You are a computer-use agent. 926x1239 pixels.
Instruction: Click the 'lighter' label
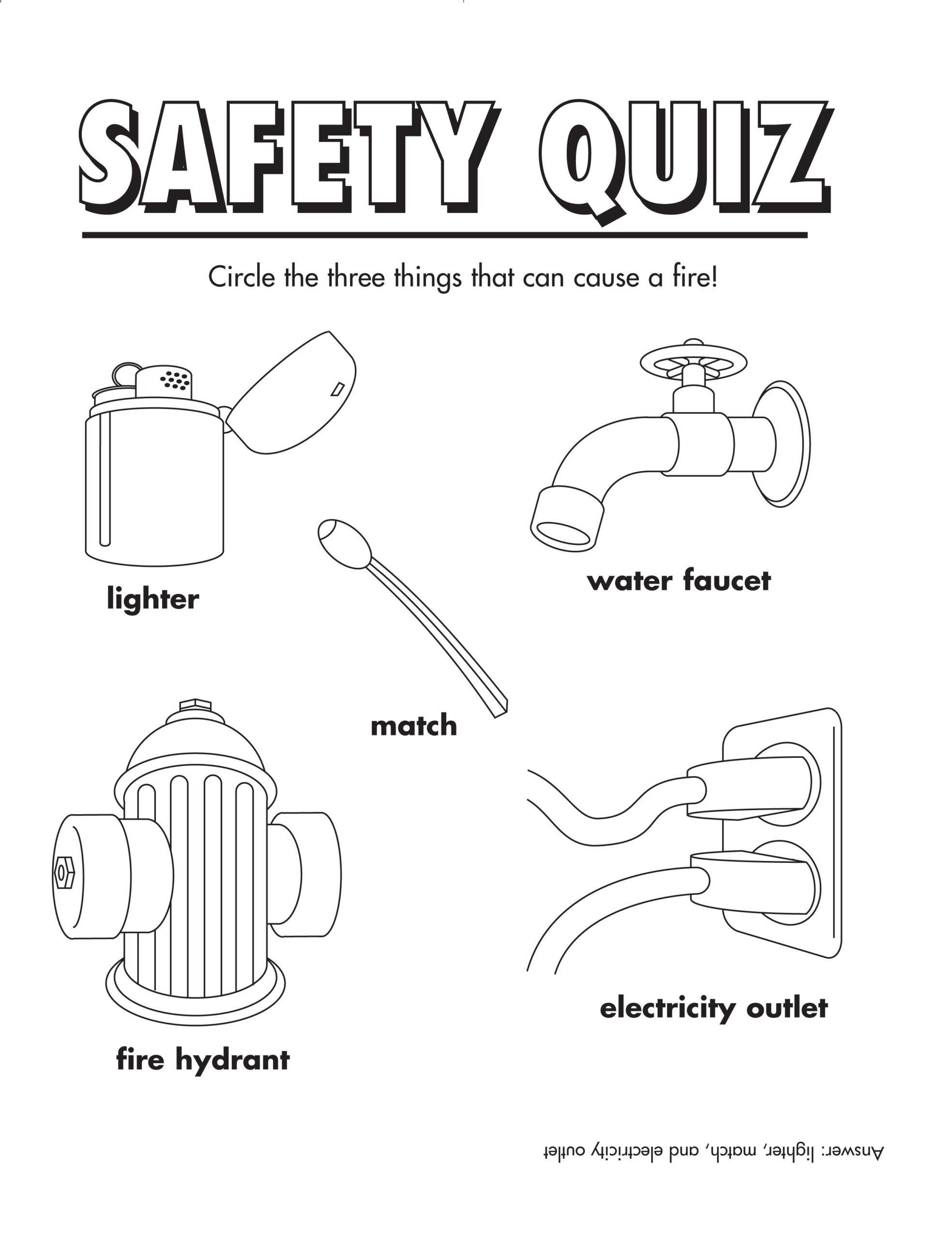152,599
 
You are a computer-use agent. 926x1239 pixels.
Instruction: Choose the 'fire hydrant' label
202,1060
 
